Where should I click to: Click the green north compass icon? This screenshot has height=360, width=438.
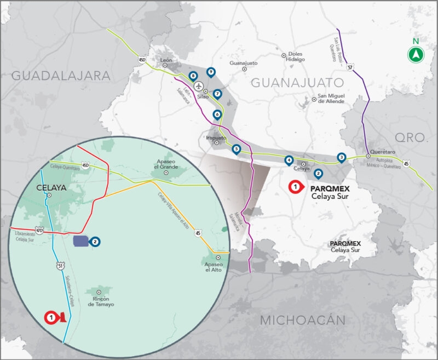pos(416,54)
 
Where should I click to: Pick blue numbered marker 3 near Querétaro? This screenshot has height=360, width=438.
pos(341,157)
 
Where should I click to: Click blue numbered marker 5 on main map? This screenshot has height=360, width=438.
pos(236,148)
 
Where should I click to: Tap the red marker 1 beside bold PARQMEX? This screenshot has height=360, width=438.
pos(295,187)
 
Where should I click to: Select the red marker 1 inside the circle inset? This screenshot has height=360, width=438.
pos(51,317)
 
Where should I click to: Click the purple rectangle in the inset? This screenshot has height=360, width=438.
pos(80,241)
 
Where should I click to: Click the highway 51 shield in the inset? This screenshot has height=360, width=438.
pos(60,266)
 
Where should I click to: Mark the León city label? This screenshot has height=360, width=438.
pos(166,60)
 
